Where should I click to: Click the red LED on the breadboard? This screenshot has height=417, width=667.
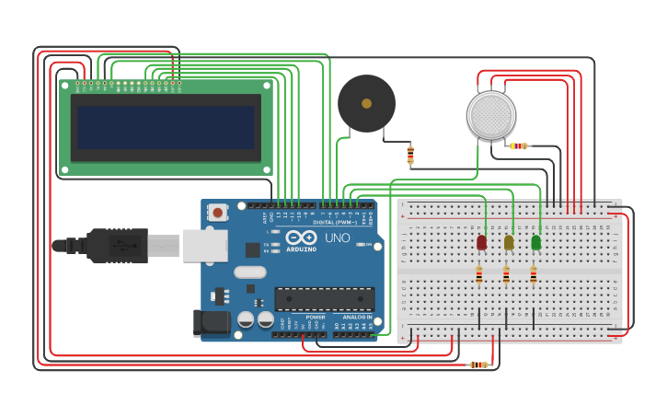[x=481, y=242]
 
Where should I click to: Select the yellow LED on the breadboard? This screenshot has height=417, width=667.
[x=509, y=242]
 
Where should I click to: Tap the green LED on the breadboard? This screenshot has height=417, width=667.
[x=535, y=242]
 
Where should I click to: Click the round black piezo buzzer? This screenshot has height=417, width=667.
[x=366, y=103]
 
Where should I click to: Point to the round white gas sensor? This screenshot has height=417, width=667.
[x=491, y=115]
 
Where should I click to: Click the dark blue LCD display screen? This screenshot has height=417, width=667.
[x=166, y=127]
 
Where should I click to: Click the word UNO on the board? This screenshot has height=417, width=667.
[x=337, y=238]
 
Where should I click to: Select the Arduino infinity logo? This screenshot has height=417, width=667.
[x=301, y=237]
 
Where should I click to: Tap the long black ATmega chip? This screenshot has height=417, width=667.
[x=324, y=298]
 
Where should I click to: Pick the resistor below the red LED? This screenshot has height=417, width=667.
[x=478, y=274]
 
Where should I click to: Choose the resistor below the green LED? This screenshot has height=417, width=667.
[x=533, y=274]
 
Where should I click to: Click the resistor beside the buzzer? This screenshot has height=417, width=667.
[x=410, y=156]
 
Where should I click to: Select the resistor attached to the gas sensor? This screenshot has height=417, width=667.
[x=520, y=145]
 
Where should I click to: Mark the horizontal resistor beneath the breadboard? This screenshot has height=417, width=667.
[x=478, y=365]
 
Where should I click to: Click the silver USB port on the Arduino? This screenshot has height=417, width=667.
[x=204, y=246]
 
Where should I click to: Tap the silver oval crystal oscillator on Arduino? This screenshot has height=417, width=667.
[x=250, y=272]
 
